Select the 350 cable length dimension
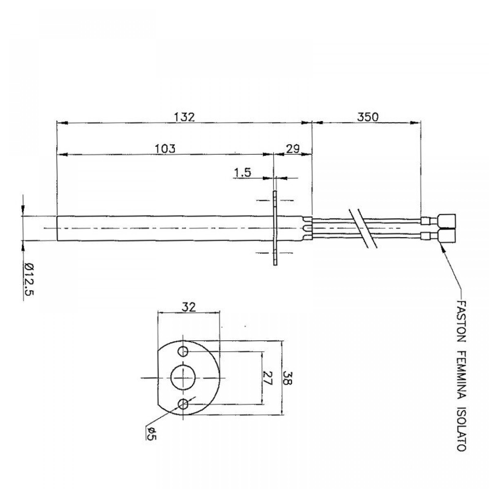click(x=367, y=117)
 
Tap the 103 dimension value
click(x=165, y=149)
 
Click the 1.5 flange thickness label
click(x=242, y=173)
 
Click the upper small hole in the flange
click(x=183, y=352)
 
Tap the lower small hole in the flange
click(x=183, y=404)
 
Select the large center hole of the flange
click(x=182, y=378)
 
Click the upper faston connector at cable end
click(x=447, y=221)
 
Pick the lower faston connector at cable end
click(x=447, y=236)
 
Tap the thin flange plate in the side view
click(x=275, y=228)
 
